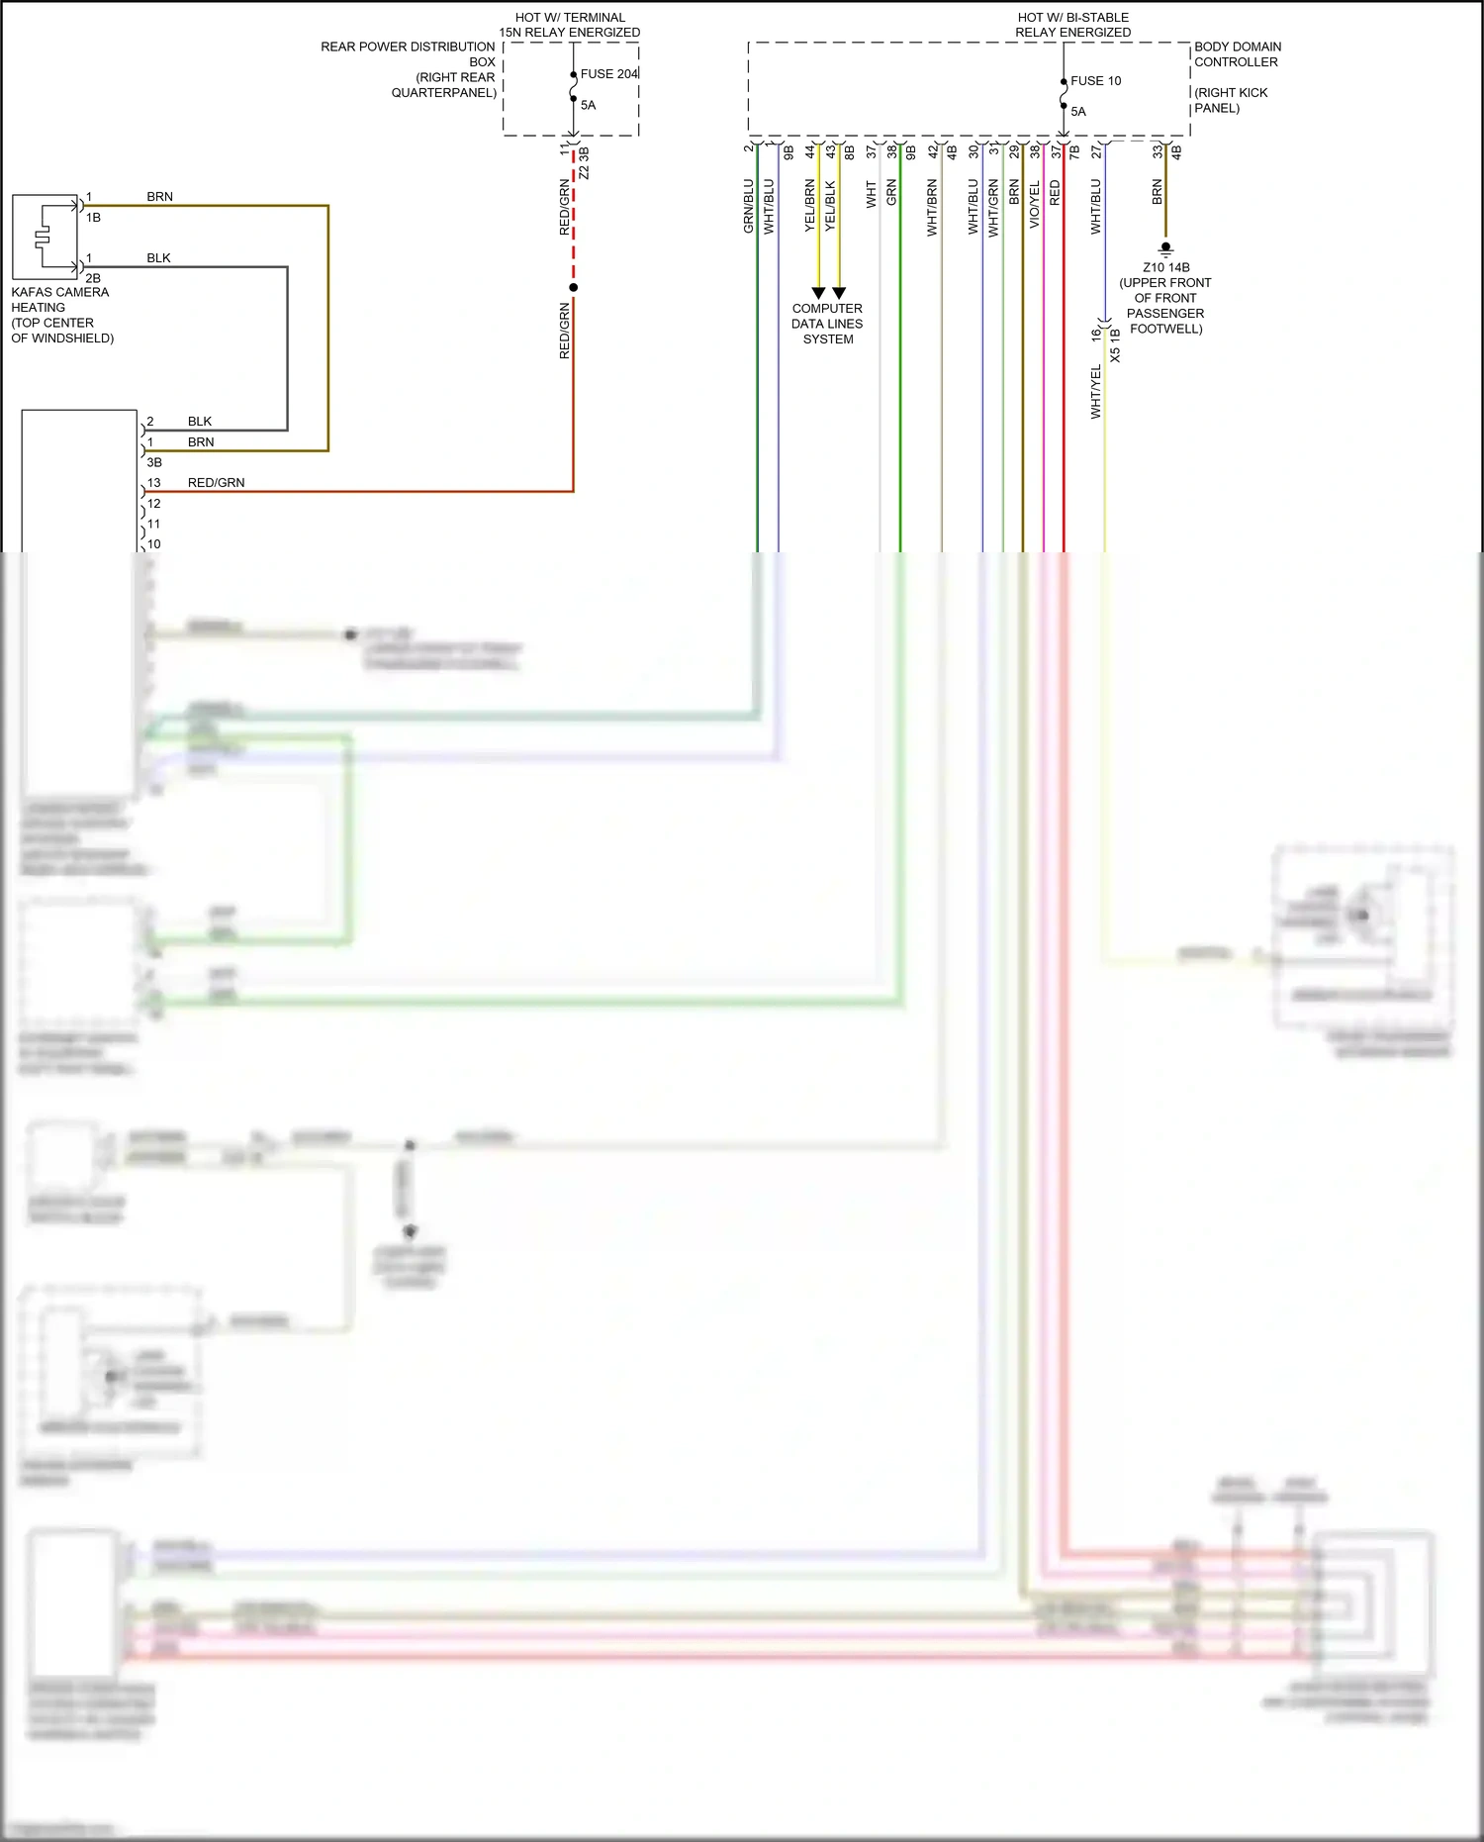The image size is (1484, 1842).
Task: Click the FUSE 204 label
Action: click(x=608, y=74)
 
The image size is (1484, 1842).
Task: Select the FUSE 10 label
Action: click(x=1095, y=81)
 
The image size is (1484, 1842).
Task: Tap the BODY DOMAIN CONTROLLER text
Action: click(x=1237, y=54)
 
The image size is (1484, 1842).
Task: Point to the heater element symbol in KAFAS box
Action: click(x=42, y=238)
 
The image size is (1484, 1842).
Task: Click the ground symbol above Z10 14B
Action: click(x=1165, y=249)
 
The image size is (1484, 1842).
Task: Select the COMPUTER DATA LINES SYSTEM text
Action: click(x=827, y=324)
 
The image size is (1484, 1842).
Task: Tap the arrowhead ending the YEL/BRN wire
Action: click(x=818, y=293)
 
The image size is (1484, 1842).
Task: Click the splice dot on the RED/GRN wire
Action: click(x=573, y=287)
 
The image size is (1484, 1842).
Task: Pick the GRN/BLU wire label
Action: click(x=748, y=206)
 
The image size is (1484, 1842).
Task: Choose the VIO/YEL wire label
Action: click(x=1034, y=206)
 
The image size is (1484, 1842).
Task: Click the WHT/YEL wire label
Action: click(x=1095, y=392)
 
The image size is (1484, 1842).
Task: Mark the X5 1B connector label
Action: click(x=1115, y=345)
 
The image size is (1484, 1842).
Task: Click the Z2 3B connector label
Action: click(x=584, y=163)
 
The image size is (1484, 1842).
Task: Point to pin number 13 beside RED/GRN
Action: click(x=153, y=483)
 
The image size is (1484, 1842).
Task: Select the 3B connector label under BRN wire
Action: click(x=154, y=462)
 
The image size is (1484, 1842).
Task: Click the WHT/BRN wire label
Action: click(x=932, y=208)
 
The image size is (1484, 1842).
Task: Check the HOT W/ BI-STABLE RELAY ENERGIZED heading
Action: click(x=1072, y=25)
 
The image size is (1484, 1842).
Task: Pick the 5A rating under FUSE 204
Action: click(x=588, y=105)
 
